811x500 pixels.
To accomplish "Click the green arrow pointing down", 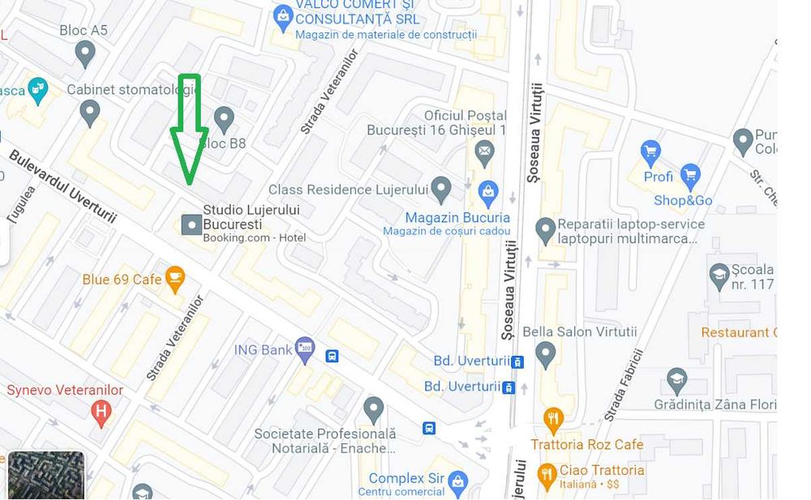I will [x=189, y=130].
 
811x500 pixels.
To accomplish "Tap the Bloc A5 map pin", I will [x=84, y=54].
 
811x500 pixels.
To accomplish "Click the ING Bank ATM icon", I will [x=304, y=349].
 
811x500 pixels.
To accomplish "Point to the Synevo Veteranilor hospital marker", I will [x=101, y=412].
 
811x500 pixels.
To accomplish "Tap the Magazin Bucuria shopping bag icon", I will [x=488, y=193].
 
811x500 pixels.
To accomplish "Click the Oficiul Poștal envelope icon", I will [x=484, y=151].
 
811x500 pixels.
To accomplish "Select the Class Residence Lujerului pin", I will [x=440, y=190].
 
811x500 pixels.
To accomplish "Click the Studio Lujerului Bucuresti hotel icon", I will [x=191, y=224].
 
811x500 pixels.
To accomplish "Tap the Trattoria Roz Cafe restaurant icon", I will [x=554, y=419].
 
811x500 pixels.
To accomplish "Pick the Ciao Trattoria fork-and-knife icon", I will [x=547, y=473].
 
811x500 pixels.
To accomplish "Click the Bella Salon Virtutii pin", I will [x=546, y=353].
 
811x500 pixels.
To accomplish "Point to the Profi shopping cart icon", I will [x=650, y=152].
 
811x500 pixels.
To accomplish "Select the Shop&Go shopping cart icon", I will [x=690, y=174].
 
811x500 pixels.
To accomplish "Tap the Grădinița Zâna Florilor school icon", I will [x=677, y=378].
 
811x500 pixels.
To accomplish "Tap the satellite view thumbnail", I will [x=46, y=475].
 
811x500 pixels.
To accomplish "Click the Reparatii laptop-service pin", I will [x=546, y=230].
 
